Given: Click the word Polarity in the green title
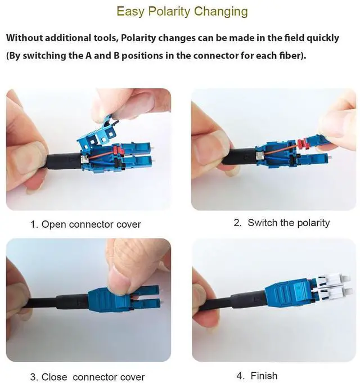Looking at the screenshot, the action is (x=169, y=12).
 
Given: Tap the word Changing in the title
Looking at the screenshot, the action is (x=221, y=12).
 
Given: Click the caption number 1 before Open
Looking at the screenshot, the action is (x=34, y=224).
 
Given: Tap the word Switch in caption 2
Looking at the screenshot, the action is (x=263, y=223).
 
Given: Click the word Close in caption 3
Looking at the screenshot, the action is (x=55, y=376).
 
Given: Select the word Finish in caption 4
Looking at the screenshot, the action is (x=264, y=376).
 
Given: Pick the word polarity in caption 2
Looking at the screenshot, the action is (x=313, y=223).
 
